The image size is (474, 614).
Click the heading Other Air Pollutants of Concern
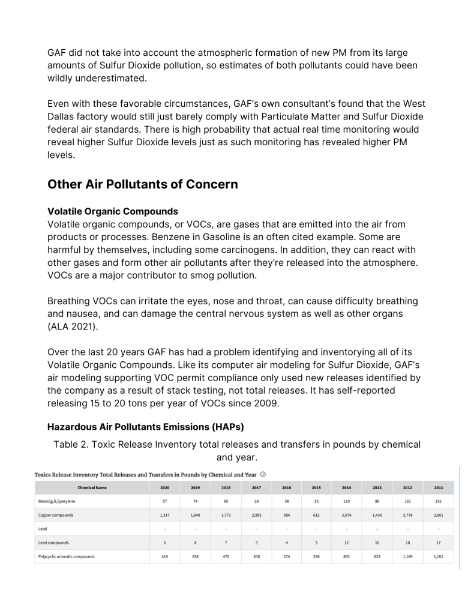(x=142, y=184)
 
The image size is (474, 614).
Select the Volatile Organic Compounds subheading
(x=112, y=212)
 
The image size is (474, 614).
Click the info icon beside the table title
(x=262, y=475)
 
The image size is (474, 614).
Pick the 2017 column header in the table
(x=256, y=487)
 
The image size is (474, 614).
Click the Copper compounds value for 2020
(x=164, y=514)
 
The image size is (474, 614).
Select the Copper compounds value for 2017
(x=256, y=514)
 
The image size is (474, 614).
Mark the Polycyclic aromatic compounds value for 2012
(x=408, y=556)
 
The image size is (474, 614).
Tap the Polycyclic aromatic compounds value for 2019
(x=195, y=556)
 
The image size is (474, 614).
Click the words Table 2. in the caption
(x=71, y=444)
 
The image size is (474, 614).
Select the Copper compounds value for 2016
(x=286, y=514)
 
